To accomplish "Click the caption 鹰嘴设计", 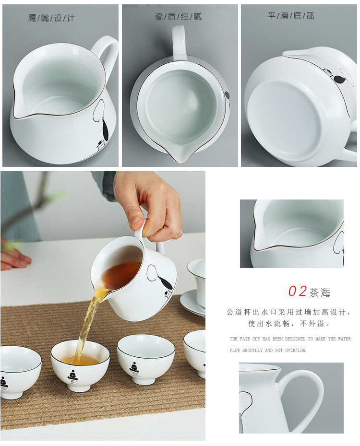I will click(x=51, y=18).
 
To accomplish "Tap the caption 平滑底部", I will click(x=291, y=16).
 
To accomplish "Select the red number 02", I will click(x=297, y=291).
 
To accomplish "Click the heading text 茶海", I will click(x=320, y=292).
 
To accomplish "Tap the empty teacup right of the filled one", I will click(x=146, y=358).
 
